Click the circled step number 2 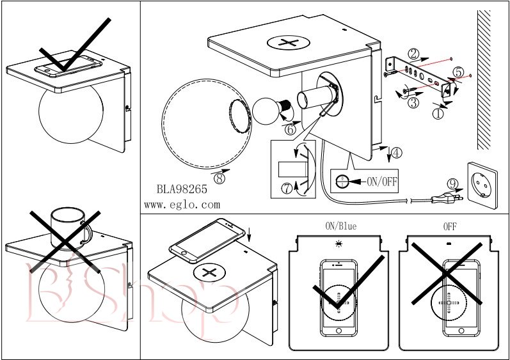[415, 54]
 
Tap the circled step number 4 [397, 153]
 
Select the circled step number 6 [290, 129]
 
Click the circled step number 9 [453, 184]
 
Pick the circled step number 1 [438, 114]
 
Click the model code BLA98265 [182, 190]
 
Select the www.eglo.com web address [182, 205]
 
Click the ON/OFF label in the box [381, 181]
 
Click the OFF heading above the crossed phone [450, 226]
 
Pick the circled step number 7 [286, 187]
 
